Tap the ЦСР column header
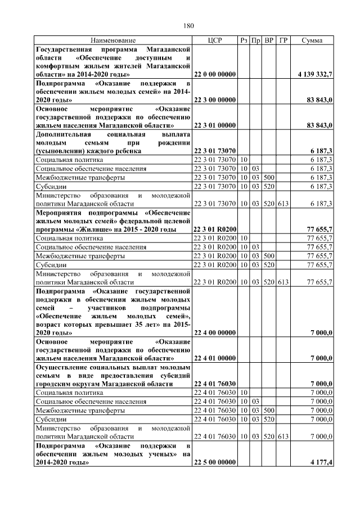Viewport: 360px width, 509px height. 215,41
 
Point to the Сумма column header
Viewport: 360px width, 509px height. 312,41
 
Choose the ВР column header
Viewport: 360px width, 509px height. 269,41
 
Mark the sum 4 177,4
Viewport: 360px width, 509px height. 321,462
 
